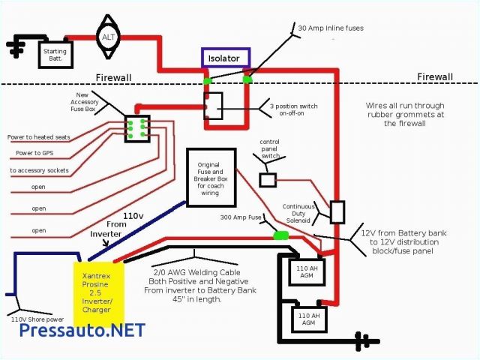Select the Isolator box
226,57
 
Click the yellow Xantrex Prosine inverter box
97,288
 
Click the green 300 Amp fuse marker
280,235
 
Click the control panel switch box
267,179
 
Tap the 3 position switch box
214,105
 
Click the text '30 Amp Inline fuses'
331,28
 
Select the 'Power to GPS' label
34,154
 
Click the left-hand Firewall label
114,76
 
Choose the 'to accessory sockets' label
40,170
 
